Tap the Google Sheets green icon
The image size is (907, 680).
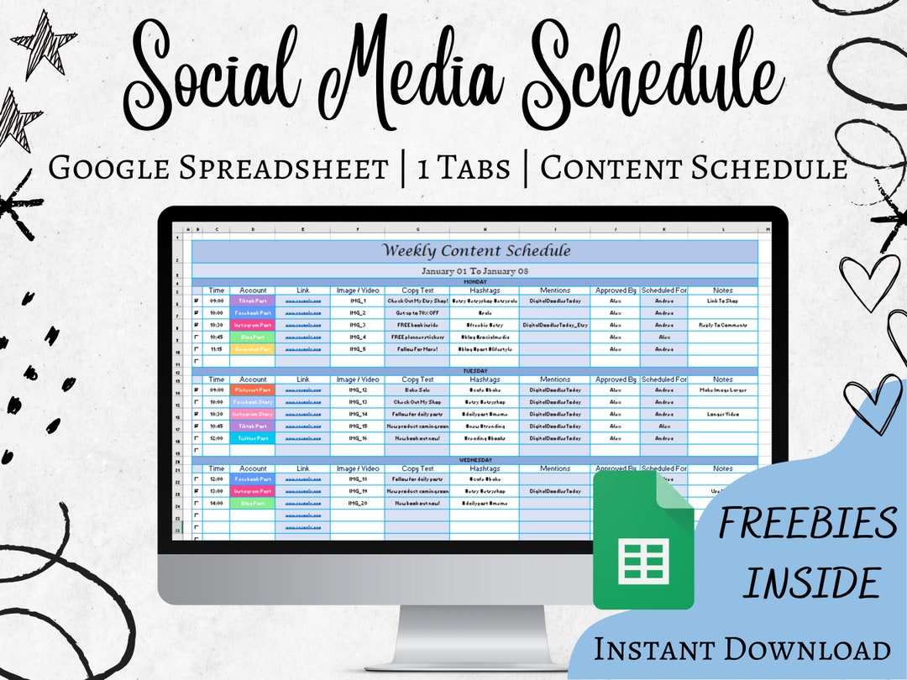point(643,539)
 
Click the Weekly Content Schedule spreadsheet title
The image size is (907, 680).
point(476,251)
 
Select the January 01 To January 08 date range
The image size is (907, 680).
point(476,271)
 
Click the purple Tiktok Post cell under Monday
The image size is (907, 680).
point(253,300)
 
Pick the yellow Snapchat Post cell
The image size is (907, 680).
point(253,348)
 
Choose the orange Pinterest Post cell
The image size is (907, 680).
point(253,390)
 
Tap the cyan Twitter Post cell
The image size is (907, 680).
point(253,438)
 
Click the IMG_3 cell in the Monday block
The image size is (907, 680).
point(358,324)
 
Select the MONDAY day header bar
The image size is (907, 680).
point(476,282)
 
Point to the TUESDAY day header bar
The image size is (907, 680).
point(476,371)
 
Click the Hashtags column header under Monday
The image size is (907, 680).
point(483,290)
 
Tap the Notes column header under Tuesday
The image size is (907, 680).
point(722,379)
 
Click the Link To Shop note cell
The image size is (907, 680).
point(722,300)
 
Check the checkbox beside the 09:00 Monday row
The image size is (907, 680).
point(197,300)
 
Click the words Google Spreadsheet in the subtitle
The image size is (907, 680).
point(218,168)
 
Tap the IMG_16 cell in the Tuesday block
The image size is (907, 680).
point(358,438)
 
